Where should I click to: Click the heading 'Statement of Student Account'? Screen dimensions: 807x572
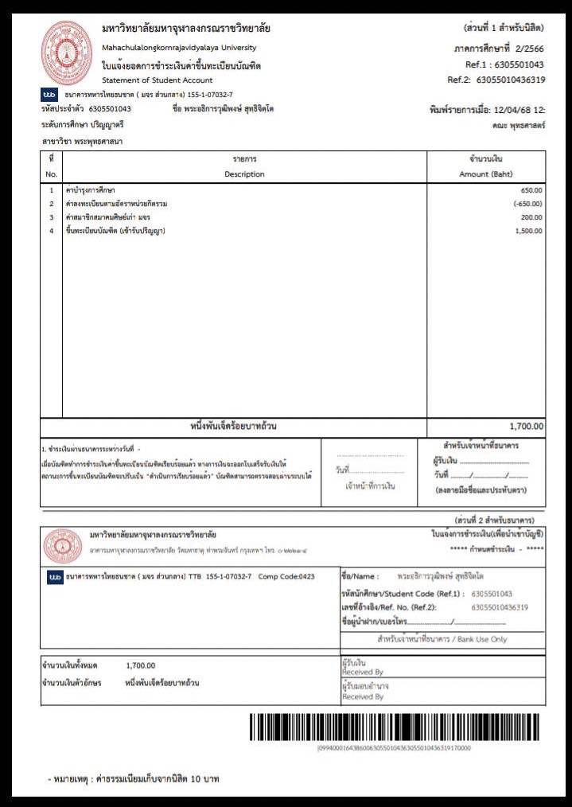pos(158,80)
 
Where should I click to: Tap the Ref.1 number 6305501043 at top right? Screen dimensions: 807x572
pos(516,64)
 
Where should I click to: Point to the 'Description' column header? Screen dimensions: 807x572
pos(244,173)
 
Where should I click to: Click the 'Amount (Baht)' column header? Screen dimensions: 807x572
pos(486,173)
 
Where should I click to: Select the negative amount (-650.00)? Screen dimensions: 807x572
pos(527,204)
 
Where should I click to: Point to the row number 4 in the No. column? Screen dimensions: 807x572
pos(51,231)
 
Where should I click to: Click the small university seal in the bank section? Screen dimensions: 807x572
pos(63,545)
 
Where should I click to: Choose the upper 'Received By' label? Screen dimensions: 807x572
pos(362,671)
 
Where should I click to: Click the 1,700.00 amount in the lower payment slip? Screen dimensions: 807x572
pos(141,665)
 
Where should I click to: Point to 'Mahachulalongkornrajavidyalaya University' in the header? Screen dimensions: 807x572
pos(179,48)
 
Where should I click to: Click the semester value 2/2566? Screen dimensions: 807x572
pos(527,48)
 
